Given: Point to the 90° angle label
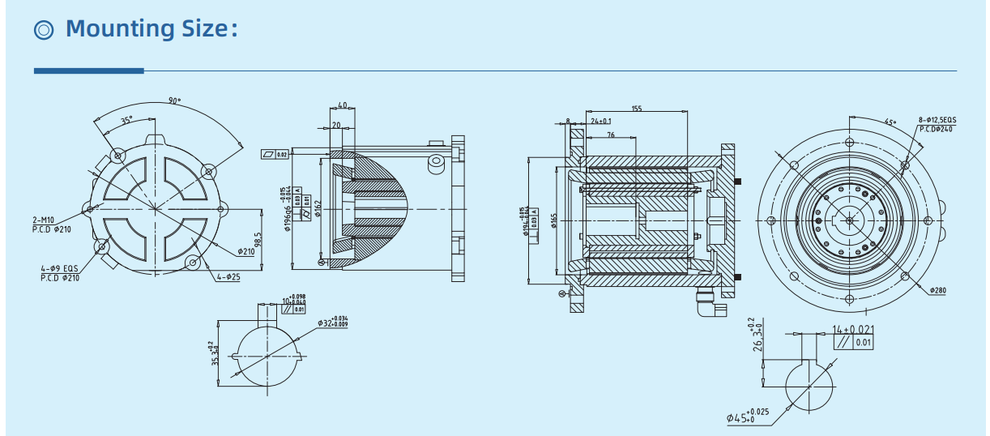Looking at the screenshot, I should pos(174,101).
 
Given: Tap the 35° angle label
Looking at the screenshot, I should pos(126,120).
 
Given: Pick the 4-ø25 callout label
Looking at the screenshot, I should pos(228,277).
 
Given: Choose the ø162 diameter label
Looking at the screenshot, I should pos(318,209).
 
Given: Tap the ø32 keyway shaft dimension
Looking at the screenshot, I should pos(331,322).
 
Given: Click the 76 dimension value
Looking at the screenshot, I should pos(610,135).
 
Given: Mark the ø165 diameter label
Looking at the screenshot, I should pos(554,220).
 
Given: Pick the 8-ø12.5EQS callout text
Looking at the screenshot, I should pos(938,120).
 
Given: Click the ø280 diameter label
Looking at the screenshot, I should pos(937,290).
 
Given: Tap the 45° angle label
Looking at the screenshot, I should pos(890,122).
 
